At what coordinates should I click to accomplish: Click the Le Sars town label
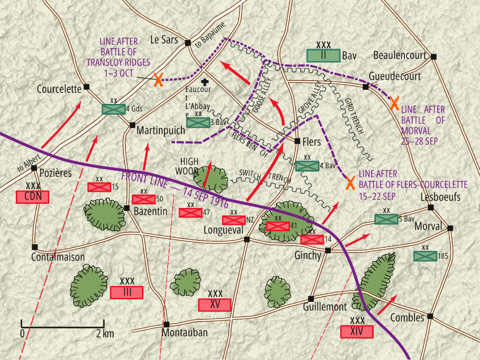click(x=163, y=40)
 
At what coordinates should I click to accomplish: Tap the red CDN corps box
click(x=33, y=197)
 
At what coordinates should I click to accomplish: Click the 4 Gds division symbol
click(x=114, y=109)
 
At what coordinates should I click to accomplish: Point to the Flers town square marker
click(x=297, y=141)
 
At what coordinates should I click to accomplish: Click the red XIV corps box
click(x=357, y=332)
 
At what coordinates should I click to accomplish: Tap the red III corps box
click(x=127, y=292)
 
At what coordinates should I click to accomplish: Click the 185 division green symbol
click(x=425, y=256)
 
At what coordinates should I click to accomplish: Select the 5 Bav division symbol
click(x=386, y=219)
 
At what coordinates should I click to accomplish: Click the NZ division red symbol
click(x=233, y=220)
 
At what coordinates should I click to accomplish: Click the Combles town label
click(x=407, y=318)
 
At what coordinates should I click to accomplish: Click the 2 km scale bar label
click(x=105, y=333)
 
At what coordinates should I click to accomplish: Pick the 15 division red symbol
click(x=99, y=187)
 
